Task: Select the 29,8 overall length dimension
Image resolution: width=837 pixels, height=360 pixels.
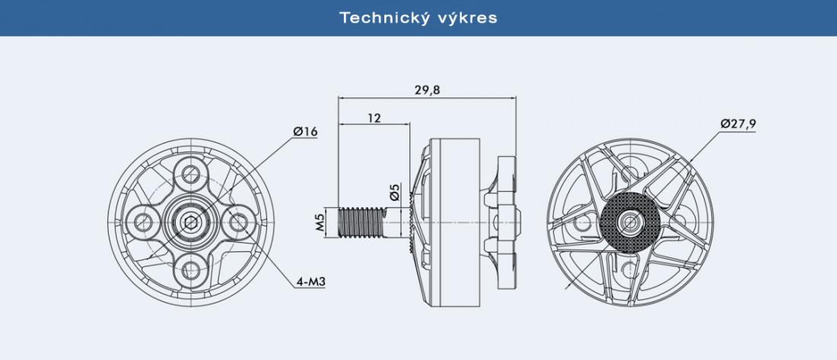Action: pyautogui.click(x=428, y=90)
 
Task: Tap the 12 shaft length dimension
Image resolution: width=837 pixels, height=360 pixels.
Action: pyautogui.click(x=374, y=117)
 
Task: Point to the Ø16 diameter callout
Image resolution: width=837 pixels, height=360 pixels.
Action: pyautogui.click(x=305, y=131)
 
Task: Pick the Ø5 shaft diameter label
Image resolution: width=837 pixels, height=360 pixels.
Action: pyautogui.click(x=394, y=193)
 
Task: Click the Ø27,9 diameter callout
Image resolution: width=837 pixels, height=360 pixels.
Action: pyautogui.click(x=738, y=124)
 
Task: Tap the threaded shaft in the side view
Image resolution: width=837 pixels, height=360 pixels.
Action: pyautogui.click(x=361, y=221)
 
